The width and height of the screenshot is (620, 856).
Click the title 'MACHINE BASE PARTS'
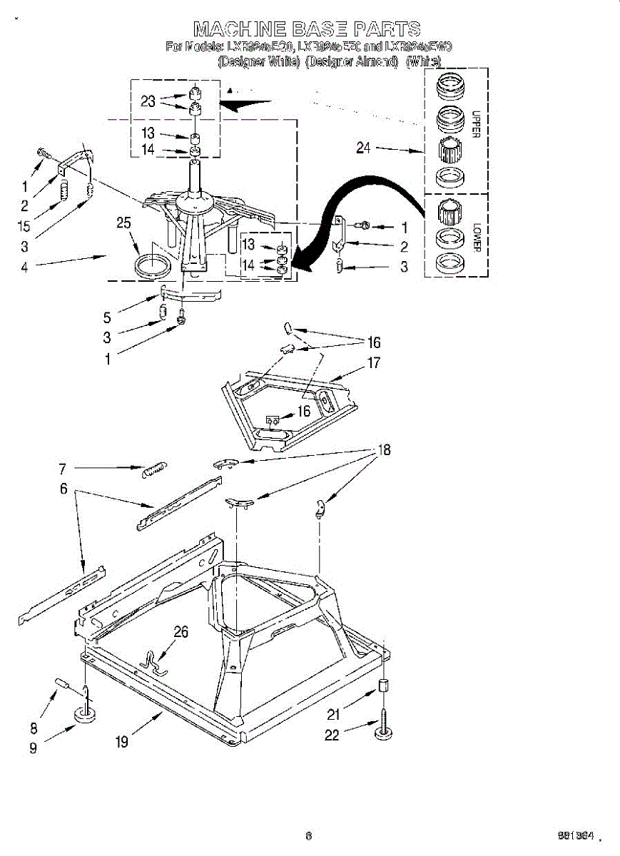pyautogui.click(x=307, y=29)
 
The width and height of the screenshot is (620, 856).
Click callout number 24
pyautogui.click(x=364, y=148)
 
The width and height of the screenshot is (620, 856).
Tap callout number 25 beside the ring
pyautogui.click(x=124, y=223)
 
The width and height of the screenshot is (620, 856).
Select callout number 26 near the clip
pyautogui.click(x=181, y=631)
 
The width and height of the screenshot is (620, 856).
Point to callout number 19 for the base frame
pyautogui.click(x=122, y=742)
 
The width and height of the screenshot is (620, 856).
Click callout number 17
pyautogui.click(x=374, y=363)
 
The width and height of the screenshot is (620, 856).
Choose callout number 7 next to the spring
pyautogui.click(x=63, y=469)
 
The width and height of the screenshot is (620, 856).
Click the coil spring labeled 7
pyautogui.click(x=156, y=469)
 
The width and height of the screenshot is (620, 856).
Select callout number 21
pyautogui.click(x=332, y=713)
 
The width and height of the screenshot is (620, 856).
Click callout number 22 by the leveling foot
pyautogui.click(x=332, y=735)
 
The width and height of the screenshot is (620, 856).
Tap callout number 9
pyautogui.click(x=33, y=750)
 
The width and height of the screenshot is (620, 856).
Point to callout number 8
pyautogui.click(x=33, y=728)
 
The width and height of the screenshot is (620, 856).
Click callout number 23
pyautogui.click(x=148, y=101)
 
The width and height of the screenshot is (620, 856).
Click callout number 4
pyautogui.click(x=25, y=267)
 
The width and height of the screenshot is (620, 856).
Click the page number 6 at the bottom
pyautogui.click(x=308, y=835)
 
